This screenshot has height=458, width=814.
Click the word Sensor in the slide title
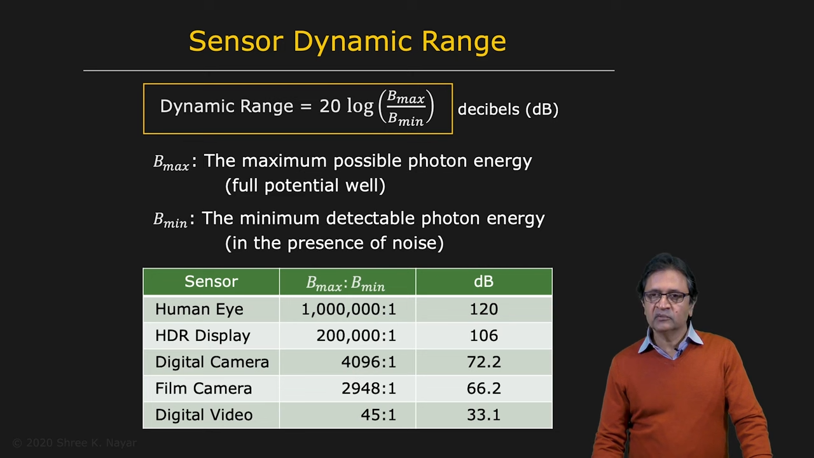[236, 41]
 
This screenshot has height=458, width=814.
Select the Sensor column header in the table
[211, 281]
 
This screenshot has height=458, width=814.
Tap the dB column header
[484, 281]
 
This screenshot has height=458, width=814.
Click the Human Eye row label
[199, 309]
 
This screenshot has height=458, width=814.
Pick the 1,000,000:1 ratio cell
[348, 309]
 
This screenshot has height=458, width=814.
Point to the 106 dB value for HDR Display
[484, 335]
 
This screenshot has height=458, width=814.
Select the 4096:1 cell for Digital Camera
[368, 362]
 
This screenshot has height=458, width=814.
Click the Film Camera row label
[203, 388]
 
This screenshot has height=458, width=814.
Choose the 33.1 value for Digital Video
[484, 415]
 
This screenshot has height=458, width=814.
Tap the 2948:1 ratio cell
[368, 388]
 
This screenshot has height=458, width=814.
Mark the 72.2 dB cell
[484, 362]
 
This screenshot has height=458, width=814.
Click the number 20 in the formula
[330, 106]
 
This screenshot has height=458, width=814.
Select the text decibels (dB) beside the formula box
[508, 109]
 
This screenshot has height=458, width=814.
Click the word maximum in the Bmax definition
[284, 161]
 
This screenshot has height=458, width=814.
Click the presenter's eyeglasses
[666, 297]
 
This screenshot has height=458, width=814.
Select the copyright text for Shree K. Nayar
[74, 443]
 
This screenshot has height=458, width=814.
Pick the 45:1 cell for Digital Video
[378, 415]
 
